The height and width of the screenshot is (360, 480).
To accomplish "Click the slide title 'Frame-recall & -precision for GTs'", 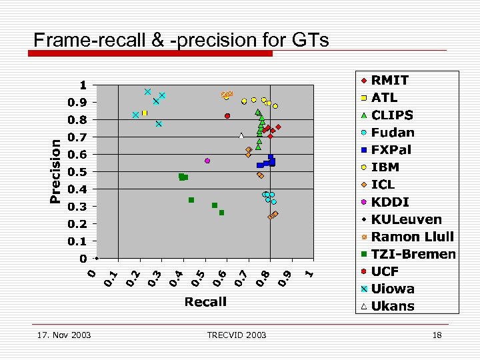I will point(181,40).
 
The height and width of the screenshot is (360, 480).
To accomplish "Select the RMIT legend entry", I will point(390,80).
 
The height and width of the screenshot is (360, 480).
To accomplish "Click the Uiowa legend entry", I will point(393,289).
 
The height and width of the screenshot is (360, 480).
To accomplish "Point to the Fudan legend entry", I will point(393,133).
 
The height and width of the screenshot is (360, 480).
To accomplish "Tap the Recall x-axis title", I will point(205,302).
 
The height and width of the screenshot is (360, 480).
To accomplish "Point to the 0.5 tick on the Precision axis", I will point(77,172).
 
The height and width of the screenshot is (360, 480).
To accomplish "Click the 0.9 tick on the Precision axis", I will point(77,103).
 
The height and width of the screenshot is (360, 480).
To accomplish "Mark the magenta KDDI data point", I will point(207,161).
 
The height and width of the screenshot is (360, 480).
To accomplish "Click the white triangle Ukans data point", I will point(241,136).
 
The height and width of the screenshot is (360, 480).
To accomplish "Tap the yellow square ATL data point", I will point(144,113).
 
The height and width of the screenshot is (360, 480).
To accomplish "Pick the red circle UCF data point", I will point(227,116).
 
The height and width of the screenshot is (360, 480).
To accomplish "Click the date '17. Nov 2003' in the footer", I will point(63,335).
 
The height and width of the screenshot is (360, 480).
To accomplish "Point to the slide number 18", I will point(437,335).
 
